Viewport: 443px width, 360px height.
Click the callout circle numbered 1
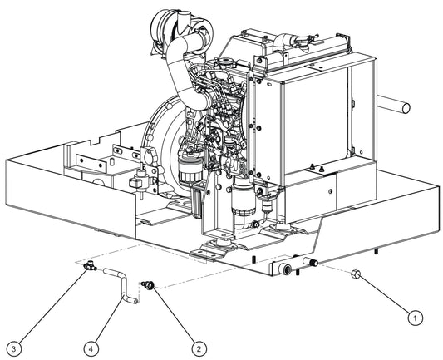pyautogui.click(x=413, y=315)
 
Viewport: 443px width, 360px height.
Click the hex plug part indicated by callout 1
pyautogui.click(x=356, y=274)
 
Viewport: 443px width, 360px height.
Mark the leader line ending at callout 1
pyautogui.click(x=384, y=294)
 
